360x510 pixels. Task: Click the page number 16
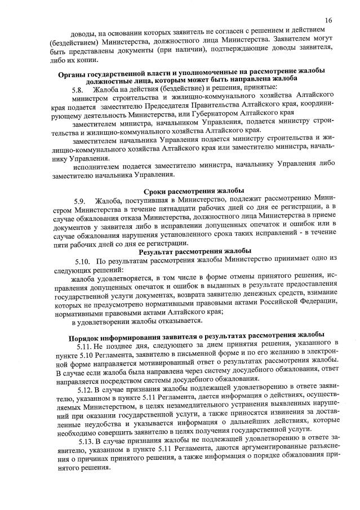[328, 20]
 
